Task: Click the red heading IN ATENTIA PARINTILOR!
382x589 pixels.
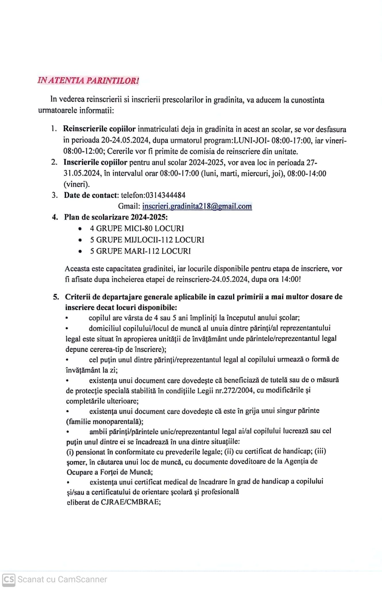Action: click(88, 81)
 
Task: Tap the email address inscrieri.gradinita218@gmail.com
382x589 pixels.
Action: click(197, 206)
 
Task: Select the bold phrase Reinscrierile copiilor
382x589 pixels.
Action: click(99, 129)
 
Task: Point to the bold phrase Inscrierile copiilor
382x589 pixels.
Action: click(95, 162)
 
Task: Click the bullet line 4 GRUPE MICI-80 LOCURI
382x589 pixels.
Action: click(137, 229)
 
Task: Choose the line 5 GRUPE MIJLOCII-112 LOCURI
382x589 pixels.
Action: click(147, 240)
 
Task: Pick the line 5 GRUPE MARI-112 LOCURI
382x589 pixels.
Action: click(140, 251)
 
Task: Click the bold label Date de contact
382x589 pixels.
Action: click(91, 195)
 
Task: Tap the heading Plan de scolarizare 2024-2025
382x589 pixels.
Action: click(116, 217)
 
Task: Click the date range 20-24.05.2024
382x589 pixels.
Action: click(125, 140)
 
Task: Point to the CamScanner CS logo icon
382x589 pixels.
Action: click(9, 579)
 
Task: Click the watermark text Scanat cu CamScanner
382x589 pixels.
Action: click(62, 579)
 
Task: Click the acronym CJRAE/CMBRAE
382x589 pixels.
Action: click(130, 502)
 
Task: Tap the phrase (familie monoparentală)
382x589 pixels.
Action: click(105, 422)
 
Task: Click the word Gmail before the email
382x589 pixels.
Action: click(129, 206)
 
